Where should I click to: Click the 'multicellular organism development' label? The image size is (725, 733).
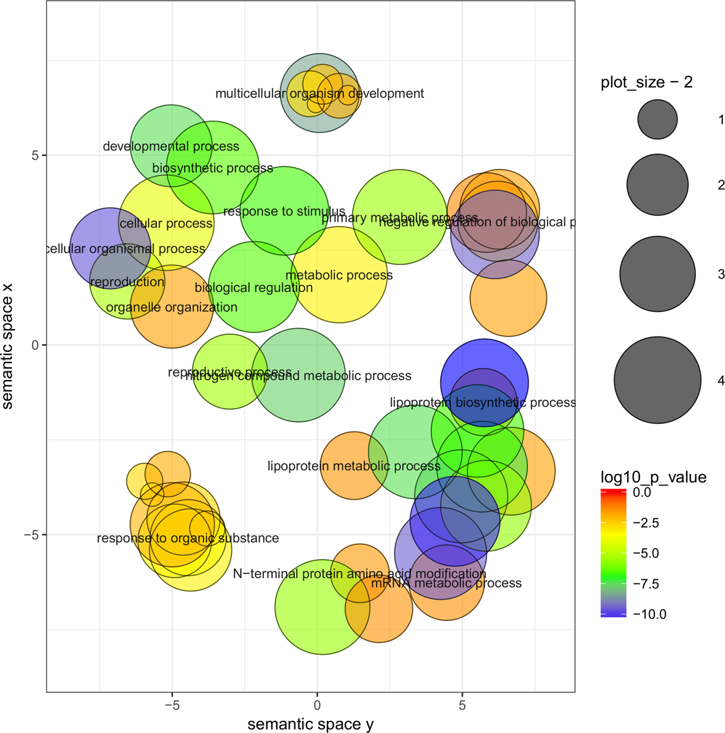click(319, 94)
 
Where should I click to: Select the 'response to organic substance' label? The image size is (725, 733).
click(188, 539)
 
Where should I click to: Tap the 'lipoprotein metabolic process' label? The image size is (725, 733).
click(354, 466)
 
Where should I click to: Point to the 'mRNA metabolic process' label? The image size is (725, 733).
click(446, 583)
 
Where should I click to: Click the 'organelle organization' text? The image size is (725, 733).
click(172, 307)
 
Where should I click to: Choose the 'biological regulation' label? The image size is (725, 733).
click(254, 288)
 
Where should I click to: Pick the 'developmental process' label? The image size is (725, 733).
click(171, 147)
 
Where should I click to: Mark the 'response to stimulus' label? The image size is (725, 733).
click(284, 211)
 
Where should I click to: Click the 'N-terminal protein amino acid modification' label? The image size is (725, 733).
click(360, 574)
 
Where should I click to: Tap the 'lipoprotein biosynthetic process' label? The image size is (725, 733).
click(483, 403)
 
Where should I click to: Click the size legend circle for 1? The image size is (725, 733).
click(657, 119)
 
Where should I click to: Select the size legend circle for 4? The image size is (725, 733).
click(657, 380)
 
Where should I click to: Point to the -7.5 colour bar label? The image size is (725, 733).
click(646, 584)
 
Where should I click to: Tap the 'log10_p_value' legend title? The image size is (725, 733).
click(653, 478)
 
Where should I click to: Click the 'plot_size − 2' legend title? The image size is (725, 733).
click(646, 83)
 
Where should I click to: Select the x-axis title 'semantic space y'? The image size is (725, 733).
click(310, 724)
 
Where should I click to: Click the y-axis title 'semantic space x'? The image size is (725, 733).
click(8, 346)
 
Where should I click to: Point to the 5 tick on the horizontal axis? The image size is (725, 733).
click(462, 706)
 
